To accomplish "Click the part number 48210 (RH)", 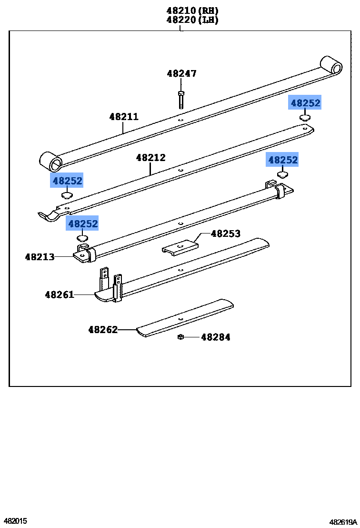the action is tap(192, 10).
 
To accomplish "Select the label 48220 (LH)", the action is tap(192, 20).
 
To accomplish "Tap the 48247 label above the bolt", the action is tap(182, 73).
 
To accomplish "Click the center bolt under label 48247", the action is tap(181, 99).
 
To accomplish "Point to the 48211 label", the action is tap(124, 116).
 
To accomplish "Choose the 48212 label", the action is tap(151, 157).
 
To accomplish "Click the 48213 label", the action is tap(40, 257).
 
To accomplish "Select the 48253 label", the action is tap(226, 234).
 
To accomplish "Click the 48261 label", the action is tap(60, 294).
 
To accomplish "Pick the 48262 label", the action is tap(103, 329).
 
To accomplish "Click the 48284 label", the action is tap(216, 337).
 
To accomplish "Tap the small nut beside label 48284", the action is tap(180, 337).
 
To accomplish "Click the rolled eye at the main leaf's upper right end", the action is tap(331, 65).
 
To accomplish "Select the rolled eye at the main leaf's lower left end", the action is tap(51, 162).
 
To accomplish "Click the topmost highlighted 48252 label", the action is tap(305, 102).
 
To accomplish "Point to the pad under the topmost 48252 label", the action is tap(305, 118).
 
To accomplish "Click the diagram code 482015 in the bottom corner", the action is tap(16, 521).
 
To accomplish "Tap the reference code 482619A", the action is tap(343, 522).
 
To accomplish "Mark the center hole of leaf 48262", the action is tap(180, 318).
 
